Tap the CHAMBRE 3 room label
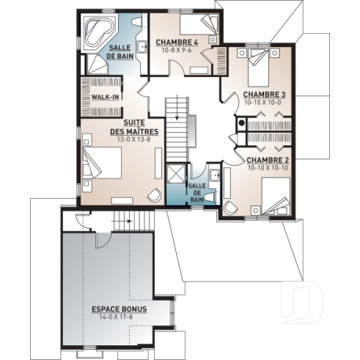click(x=264, y=94)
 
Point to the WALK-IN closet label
click(x=106, y=98)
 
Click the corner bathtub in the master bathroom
click(x=96, y=34)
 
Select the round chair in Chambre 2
click(x=232, y=207)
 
